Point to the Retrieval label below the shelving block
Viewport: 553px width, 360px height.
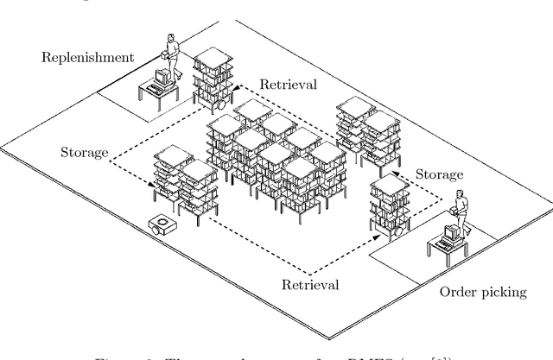309,283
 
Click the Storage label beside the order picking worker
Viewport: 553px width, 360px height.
440,174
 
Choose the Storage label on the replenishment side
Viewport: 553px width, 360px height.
84,153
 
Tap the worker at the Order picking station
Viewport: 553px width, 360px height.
462,216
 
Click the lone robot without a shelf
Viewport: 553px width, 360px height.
163,225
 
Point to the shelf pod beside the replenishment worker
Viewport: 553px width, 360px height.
213,78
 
